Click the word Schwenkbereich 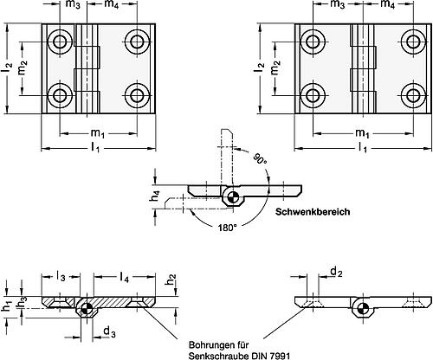coord(313,212)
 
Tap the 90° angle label coord(260,158)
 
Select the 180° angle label coord(226,228)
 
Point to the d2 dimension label coord(336,272)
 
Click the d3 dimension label coord(109,332)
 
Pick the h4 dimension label coord(156,196)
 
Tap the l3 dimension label coord(61,277)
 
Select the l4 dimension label coord(124,277)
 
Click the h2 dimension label coord(171,280)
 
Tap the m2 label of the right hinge coord(275,68)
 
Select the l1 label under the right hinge coord(363,147)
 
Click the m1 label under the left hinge coord(98,133)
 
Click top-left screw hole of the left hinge coord(61,42)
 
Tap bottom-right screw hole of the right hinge coord(414,95)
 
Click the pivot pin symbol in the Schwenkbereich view coord(232,198)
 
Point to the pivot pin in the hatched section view coord(85,309)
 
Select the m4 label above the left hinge coord(111,5)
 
